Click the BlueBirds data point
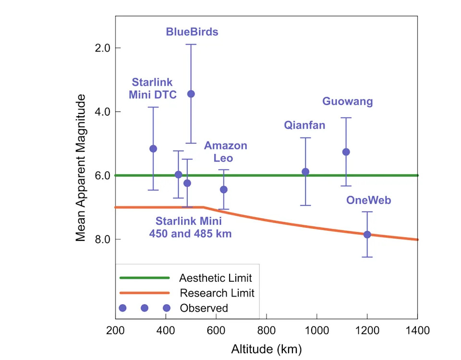[x=191, y=94]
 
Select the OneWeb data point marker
[x=367, y=235]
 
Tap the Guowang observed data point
[x=346, y=152]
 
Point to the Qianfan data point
[x=305, y=172]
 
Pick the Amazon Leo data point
[x=224, y=189]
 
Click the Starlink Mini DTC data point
[x=153, y=149]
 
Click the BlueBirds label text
[x=192, y=32]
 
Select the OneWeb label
[x=369, y=200]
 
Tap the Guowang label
[x=348, y=101]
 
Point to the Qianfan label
[x=304, y=125]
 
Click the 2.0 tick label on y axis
[x=102, y=48]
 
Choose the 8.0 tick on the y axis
[x=102, y=239]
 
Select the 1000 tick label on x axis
[x=316, y=330]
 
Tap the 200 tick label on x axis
[x=115, y=330]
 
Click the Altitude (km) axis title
[x=267, y=349]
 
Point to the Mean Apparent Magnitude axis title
[x=80, y=168]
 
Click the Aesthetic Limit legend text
[x=216, y=278]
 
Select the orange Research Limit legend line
[x=145, y=293]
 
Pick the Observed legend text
[x=204, y=308]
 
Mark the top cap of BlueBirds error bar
[x=191, y=44]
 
